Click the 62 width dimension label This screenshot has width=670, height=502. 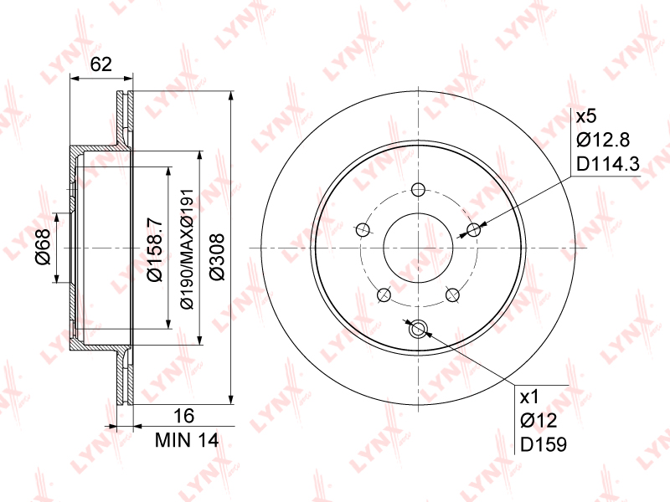click(x=101, y=64)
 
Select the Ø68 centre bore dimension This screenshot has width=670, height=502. click(x=44, y=247)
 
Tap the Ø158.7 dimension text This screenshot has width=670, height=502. click(x=155, y=249)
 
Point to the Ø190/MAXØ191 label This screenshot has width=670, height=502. click(x=188, y=248)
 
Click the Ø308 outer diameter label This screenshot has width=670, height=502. click(x=217, y=257)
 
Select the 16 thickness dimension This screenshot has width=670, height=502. click(x=184, y=415)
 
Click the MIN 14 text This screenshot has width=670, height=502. click(x=187, y=440)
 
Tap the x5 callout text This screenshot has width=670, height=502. click(x=585, y=116)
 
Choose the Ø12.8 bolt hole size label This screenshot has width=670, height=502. click(x=603, y=140)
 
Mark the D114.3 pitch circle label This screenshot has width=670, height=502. click(x=608, y=163)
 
